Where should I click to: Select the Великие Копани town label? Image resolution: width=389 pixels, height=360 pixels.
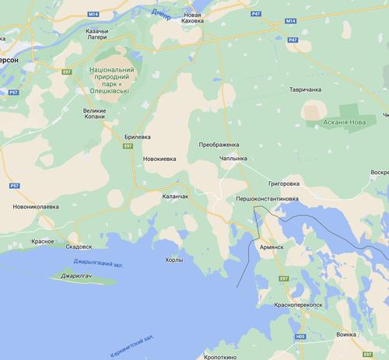pos(100,115)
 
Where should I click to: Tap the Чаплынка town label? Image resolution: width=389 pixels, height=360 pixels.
pos(233,159)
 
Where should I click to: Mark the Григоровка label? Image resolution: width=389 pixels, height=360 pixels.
pos(284,184)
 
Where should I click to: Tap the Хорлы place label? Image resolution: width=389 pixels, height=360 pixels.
pos(175,260)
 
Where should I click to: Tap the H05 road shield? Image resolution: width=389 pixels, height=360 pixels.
pos(300,337)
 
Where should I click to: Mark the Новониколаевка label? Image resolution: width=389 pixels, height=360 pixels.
pos(36,207)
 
